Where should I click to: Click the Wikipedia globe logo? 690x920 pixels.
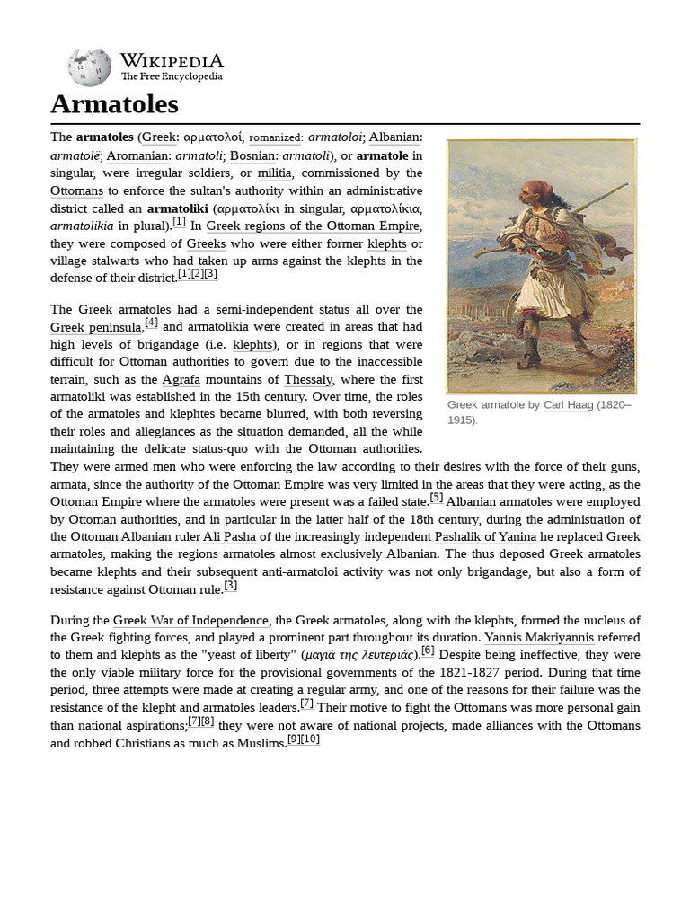coord(89,67)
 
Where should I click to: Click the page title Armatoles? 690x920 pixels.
coord(114,104)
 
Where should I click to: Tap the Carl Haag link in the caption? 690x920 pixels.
coord(568,405)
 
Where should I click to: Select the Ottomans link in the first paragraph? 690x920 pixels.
coord(77,190)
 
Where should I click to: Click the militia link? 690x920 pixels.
coord(274,172)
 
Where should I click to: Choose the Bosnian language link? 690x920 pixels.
coord(252,155)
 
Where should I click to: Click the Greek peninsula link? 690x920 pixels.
coord(95,327)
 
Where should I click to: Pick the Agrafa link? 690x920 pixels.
coord(181,379)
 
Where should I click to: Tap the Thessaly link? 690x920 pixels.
coord(308,379)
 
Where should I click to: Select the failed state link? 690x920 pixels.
coord(397,501)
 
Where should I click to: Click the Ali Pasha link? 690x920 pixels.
coord(229,536)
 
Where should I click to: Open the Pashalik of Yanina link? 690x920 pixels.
coord(485,536)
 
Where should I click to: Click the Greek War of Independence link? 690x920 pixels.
coord(190,620)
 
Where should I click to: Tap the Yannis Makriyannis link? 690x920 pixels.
coord(539,638)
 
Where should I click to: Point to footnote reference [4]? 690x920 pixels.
coord(151,323)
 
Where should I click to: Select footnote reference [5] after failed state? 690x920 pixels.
coord(436,497)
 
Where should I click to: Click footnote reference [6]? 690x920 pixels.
coord(428,650)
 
